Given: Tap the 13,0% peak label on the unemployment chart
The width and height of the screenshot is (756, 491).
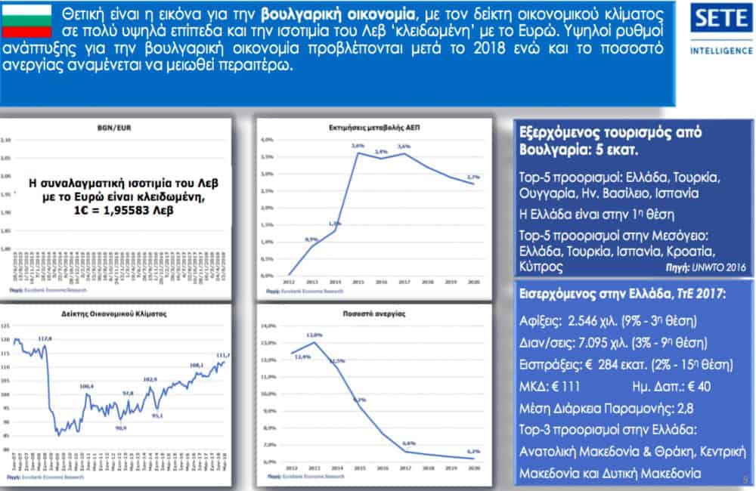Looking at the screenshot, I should [x=316, y=335].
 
